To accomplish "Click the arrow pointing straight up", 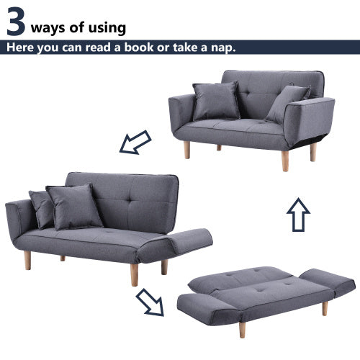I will coord(298,214).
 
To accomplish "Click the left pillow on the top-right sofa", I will coord(216,101).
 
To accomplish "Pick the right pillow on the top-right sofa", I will coord(287,103).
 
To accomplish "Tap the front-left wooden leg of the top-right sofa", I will coord(187,150).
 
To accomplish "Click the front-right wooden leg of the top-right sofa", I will coord(285,160).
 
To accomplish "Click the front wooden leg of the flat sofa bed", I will coord(242,329).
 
